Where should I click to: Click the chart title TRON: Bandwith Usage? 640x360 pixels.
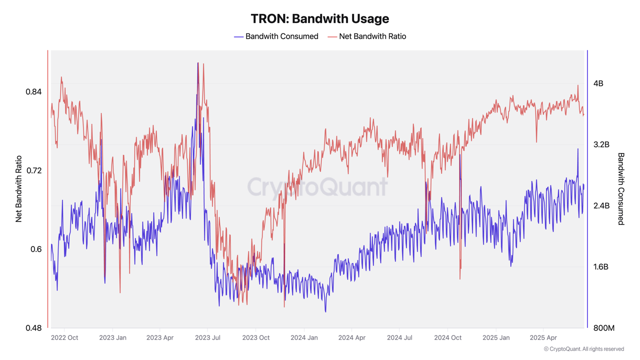click(319, 18)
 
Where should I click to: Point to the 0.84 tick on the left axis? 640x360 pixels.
click(33, 91)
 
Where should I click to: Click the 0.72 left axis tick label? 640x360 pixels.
click(33, 170)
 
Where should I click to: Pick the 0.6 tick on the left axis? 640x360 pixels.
click(36, 249)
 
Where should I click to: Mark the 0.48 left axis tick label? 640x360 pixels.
click(33, 328)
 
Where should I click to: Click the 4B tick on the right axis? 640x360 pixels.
click(598, 83)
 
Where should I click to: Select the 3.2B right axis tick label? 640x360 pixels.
click(601, 144)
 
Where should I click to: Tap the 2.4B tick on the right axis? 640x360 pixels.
click(601, 205)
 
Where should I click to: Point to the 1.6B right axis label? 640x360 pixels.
click(601, 267)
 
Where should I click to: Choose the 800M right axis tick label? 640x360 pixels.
click(603, 328)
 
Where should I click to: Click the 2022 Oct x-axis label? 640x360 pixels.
click(64, 338)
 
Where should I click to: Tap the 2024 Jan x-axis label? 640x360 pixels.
click(304, 338)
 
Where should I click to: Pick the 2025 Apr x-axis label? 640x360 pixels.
click(543, 338)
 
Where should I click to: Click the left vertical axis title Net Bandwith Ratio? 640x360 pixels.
click(19, 189)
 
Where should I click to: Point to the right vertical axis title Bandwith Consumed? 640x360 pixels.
click(621, 189)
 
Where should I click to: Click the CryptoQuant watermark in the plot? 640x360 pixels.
click(317, 187)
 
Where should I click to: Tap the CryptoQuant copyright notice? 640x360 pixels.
click(583, 349)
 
